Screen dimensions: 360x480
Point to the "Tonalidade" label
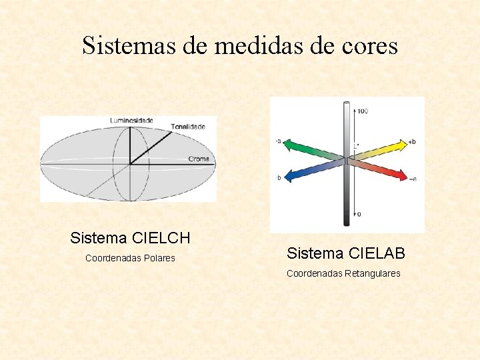coord(193,126)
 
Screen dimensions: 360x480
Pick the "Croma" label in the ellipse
coord(199,159)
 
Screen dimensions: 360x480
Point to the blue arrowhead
coord(289,177)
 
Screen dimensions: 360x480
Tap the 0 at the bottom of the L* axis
coord(359,214)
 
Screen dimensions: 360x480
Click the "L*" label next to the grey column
coord(357,145)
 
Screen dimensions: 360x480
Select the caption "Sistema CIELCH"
coord(130,238)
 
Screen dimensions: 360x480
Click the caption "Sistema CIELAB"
coord(345,253)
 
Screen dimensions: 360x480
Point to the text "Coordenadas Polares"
coord(130,258)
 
